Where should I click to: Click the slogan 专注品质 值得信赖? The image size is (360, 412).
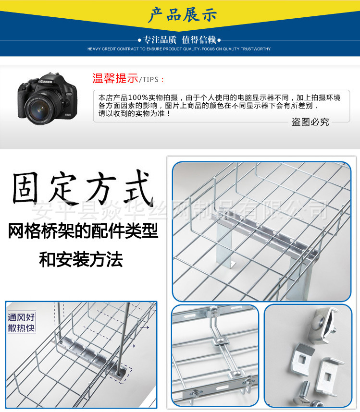[x=179, y=40]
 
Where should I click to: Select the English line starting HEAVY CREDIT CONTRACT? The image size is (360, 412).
[x=179, y=49]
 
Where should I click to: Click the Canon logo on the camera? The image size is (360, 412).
[x=46, y=82]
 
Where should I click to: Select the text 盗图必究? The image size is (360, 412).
[x=310, y=122]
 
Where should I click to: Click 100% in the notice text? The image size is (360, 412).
[x=136, y=97]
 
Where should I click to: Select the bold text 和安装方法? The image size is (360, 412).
[x=81, y=260]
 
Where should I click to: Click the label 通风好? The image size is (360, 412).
[x=21, y=317]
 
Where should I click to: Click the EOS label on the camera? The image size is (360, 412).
[x=68, y=95]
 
